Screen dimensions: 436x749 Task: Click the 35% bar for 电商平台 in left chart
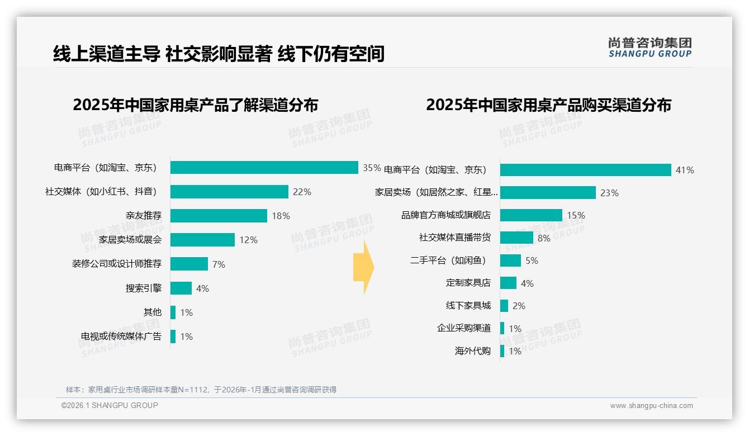tap(264, 168)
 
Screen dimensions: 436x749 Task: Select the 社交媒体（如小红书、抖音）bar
tap(229, 192)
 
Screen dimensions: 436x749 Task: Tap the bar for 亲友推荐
tap(219, 216)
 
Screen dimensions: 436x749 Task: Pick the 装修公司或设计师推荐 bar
tap(189, 264)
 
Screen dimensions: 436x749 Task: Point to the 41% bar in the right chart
tap(585, 170)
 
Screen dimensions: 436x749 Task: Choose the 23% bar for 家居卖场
tap(548, 193)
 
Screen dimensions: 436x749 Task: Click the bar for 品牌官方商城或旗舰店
tap(531, 215)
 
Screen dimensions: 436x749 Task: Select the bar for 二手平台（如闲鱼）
tap(510, 260)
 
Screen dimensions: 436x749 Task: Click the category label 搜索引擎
tap(144, 288)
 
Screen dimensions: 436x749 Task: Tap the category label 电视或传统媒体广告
tap(121, 337)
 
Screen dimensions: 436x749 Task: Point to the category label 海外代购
tap(473, 351)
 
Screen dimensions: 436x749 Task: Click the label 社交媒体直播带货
tap(455, 238)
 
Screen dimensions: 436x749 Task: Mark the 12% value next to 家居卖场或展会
tap(248, 240)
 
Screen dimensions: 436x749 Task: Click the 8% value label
tap(544, 238)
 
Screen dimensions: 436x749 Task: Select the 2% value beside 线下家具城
tap(519, 306)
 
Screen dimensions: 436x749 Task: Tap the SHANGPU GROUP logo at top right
tap(650, 48)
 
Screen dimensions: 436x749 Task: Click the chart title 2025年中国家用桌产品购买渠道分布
tap(548, 105)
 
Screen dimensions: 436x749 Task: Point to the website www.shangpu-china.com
tap(651, 406)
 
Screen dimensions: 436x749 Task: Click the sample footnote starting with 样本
tap(201, 390)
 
